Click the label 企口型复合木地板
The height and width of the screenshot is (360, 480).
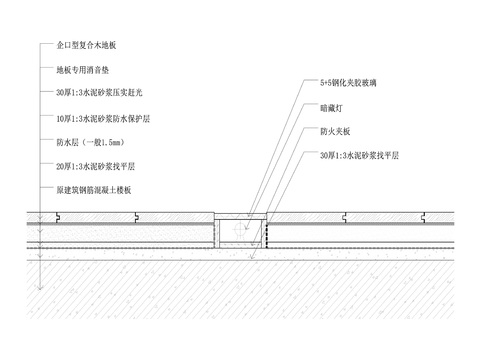tap(86, 46)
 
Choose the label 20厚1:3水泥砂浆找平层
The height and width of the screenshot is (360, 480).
tap(98, 165)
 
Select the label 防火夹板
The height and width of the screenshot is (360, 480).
tap(334, 132)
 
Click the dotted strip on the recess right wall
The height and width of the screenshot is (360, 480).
tap(267, 234)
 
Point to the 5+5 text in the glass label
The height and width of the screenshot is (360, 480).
tap(324, 85)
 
